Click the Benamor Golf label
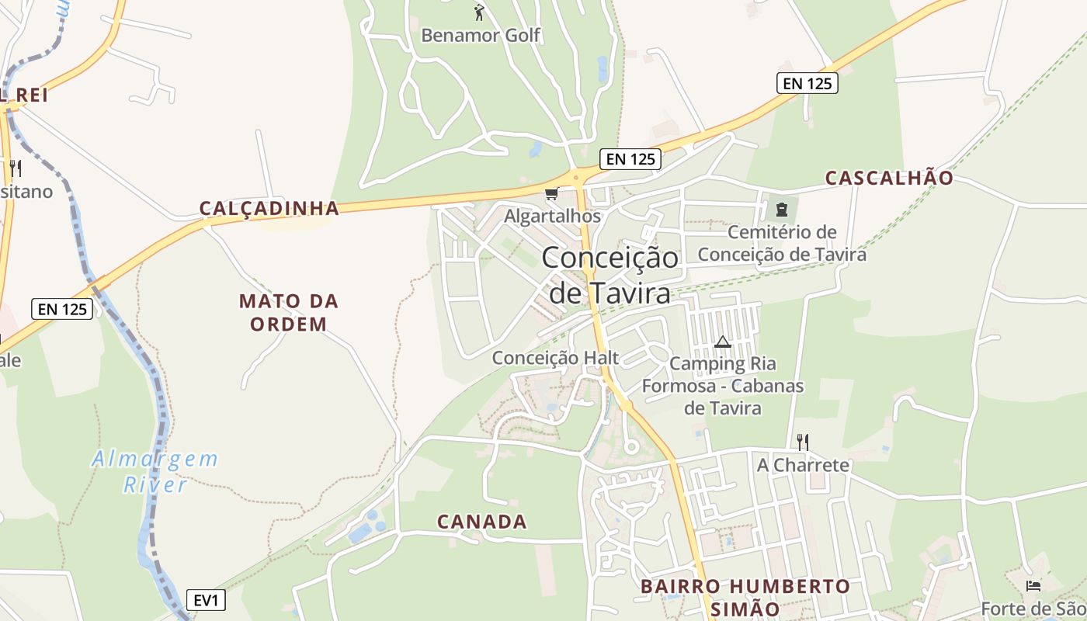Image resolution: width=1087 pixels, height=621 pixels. [x=481, y=35]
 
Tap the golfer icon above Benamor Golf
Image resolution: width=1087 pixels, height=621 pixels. [x=479, y=12]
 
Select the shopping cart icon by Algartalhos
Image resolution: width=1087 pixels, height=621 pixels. [x=551, y=193]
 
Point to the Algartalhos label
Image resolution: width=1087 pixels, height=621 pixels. [x=552, y=216]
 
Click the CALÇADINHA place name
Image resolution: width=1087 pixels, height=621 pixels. [x=269, y=208]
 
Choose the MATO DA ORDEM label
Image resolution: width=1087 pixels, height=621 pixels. [x=289, y=312]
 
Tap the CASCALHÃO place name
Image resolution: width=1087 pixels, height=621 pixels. [x=889, y=178]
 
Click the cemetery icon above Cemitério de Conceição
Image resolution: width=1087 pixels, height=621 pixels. [x=781, y=210]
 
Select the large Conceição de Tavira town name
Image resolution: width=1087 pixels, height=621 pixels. [x=610, y=275]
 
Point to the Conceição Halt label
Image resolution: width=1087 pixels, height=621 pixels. [x=556, y=358]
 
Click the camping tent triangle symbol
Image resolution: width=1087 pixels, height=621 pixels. [x=723, y=342]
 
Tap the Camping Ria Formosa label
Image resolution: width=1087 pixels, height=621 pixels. [x=723, y=385]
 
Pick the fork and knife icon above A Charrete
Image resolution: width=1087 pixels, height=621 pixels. [x=803, y=442]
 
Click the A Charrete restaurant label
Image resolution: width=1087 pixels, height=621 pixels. [x=803, y=466]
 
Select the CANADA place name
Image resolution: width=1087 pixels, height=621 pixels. [x=482, y=522]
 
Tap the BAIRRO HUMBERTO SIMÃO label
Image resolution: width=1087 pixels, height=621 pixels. [x=745, y=597]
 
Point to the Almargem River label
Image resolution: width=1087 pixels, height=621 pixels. [x=155, y=471]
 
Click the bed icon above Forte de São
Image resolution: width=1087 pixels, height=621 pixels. [x=1033, y=585]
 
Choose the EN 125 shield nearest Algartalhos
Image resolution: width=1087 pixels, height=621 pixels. [x=630, y=159]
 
